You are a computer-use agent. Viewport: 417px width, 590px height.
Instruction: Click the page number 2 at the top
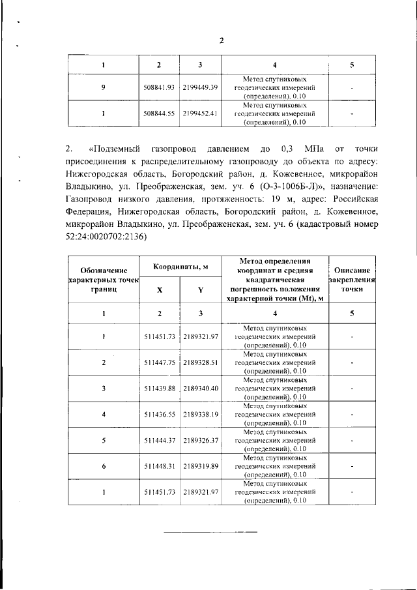[221, 40]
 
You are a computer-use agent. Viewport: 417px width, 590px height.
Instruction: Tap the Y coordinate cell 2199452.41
[201, 112]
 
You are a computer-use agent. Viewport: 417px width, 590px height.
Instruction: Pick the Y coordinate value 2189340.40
[201, 389]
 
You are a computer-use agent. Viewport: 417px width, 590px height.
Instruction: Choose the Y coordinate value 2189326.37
[201, 439]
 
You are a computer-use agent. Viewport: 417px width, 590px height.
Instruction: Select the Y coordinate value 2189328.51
[201, 362]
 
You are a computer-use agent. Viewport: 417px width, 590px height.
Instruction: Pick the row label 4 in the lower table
[104, 413]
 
